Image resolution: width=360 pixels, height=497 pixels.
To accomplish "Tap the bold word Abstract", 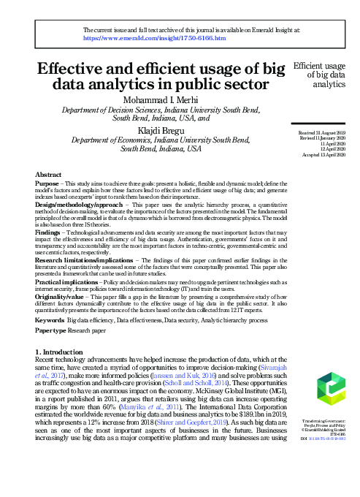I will pyautogui.click(x=48, y=175).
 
